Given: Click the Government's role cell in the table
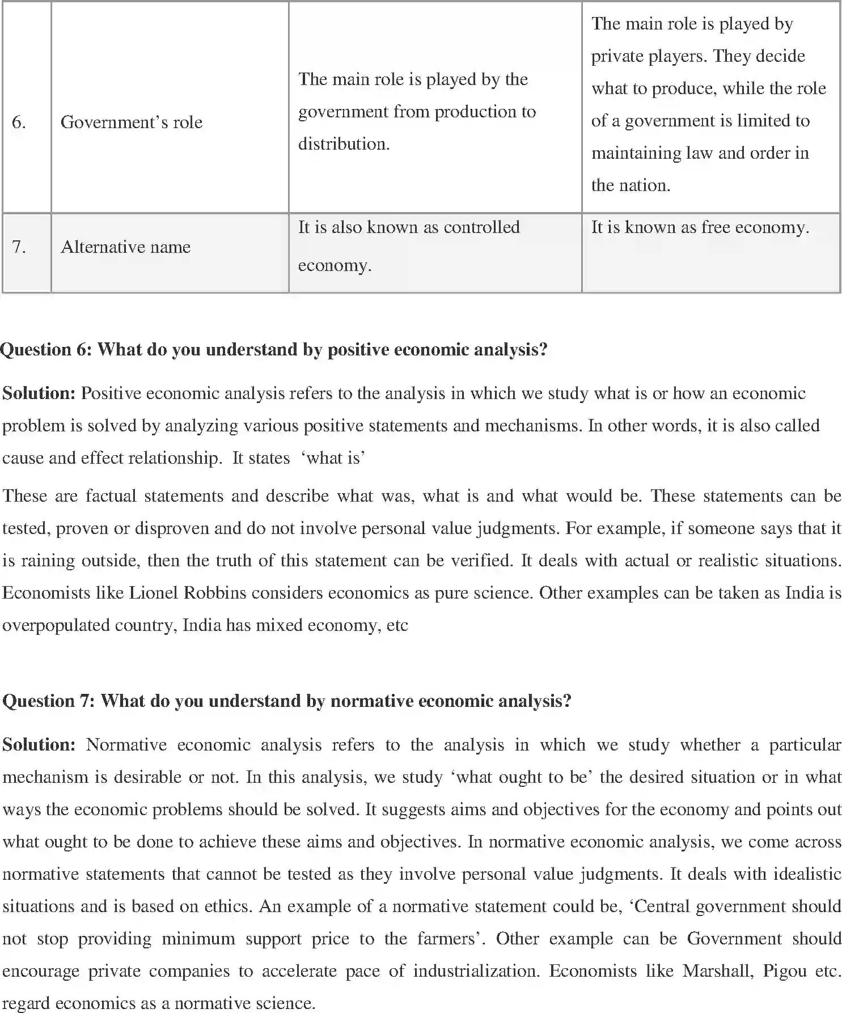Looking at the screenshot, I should click(x=132, y=122).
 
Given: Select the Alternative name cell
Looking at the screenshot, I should click(x=125, y=247).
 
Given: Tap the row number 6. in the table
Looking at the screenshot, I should click(x=19, y=122).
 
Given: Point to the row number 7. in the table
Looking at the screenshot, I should click(x=19, y=247).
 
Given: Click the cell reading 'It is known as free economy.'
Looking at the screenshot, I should click(x=700, y=228).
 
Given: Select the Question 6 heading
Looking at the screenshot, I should click(x=274, y=350).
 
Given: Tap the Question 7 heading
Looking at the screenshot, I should click(x=287, y=701).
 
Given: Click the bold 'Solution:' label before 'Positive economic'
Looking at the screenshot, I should click(x=39, y=393).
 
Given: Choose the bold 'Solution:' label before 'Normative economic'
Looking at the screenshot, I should click(x=39, y=745).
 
